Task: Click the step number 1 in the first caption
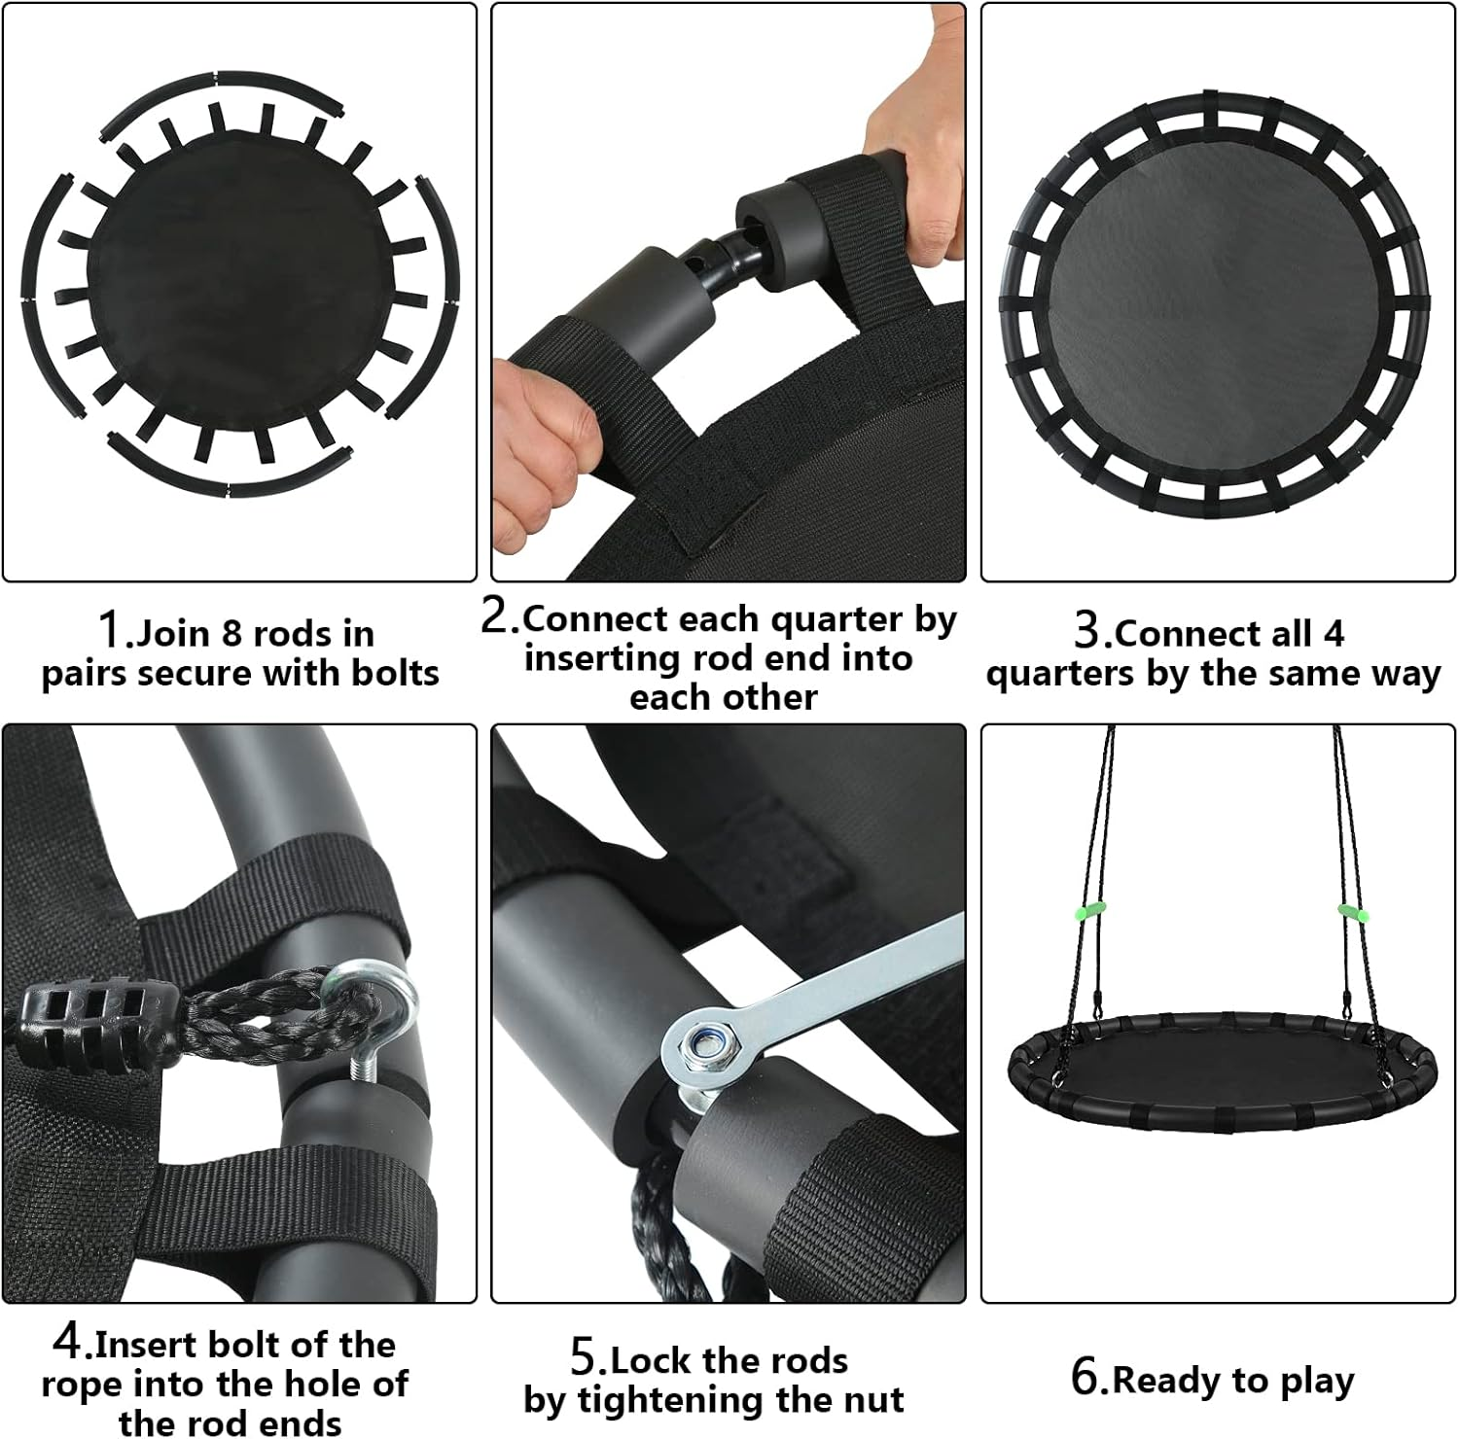click(x=113, y=629)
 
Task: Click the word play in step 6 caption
click(x=1316, y=1381)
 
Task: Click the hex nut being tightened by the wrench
click(x=699, y=1046)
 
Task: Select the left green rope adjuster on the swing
click(x=1091, y=913)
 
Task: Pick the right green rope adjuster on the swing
click(x=1351, y=913)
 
